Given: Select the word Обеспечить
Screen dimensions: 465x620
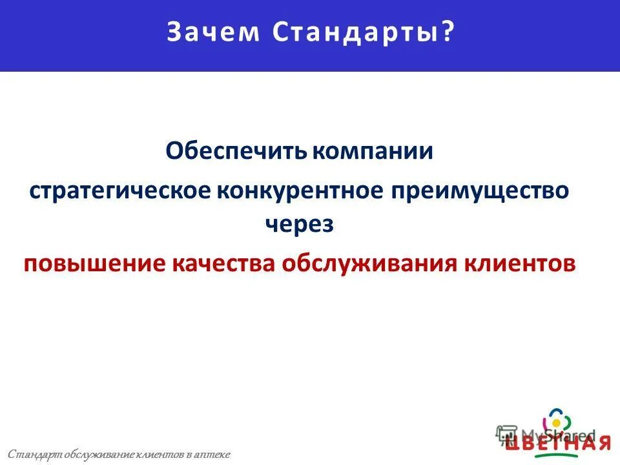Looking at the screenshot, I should click(238, 152).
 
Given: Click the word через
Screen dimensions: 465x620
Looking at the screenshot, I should click(299, 224).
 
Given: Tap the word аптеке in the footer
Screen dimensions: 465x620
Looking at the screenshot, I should click(212, 455).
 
